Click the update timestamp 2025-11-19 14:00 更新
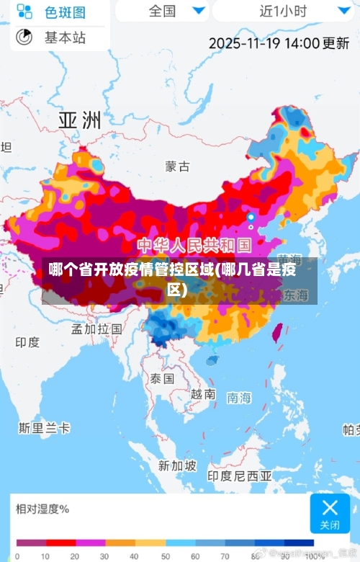(x=279, y=43)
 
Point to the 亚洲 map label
(x=79, y=120)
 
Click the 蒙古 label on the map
(x=177, y=166)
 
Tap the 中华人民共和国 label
(x=194, y=245)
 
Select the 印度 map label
(x=27, y=342)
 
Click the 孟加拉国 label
(x=96, y=329)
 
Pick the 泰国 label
(x=162, y=378)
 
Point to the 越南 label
(x=203, y=394)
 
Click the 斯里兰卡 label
(x=45, y=428)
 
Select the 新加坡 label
(x=177, y=465)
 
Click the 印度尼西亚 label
(x=240, y=476)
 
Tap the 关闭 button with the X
(x=330, y=513)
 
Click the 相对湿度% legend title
(x=42, y=509)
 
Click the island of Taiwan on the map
(x=276, y=332)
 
